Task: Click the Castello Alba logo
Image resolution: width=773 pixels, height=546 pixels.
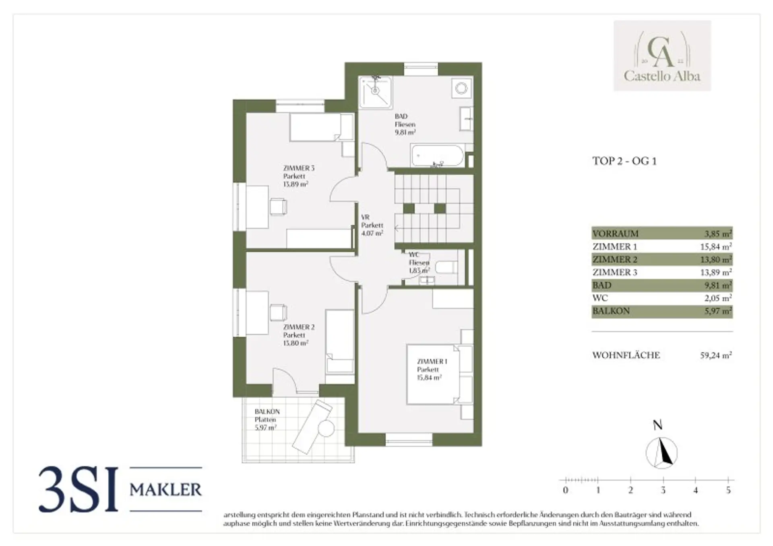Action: pos(662,56)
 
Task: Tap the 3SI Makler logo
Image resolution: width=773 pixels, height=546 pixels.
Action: pos(120,489)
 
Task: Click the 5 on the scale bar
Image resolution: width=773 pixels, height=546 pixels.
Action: pos(728,490)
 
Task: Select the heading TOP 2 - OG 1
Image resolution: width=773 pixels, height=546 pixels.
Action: pos(624,161)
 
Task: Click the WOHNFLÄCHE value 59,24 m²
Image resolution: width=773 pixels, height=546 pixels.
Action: pos(716,355)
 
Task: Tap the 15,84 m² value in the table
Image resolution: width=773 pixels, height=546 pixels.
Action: pos(716,246)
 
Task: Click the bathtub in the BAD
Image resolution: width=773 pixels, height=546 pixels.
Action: pos(437,156)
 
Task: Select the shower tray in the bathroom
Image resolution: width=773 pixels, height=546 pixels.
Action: pos(376,92)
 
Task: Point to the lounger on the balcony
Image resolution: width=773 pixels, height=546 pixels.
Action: pos(312,426)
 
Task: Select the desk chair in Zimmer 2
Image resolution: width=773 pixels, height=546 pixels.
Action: pos(278,313)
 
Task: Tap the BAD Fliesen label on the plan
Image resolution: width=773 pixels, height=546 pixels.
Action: pos(405,124)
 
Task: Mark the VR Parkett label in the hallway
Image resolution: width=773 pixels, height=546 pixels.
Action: pos(372,225)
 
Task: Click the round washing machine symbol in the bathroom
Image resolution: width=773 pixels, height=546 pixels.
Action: pos(461,88)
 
